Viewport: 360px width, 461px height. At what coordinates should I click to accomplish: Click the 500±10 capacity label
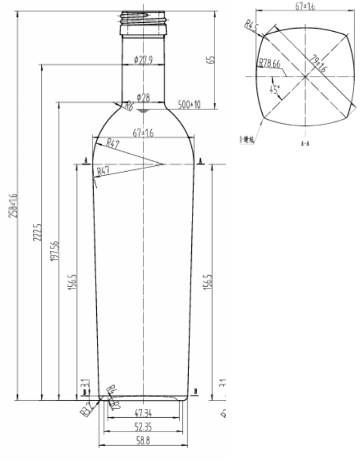pos(189,105)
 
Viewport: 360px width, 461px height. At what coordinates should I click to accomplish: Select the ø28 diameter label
pos(144,98)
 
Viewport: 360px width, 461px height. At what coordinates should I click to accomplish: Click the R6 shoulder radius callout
pos(128,107)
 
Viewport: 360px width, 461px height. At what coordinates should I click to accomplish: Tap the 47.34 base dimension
pos(143,413)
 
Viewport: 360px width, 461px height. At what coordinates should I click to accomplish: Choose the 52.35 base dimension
pos(143,427)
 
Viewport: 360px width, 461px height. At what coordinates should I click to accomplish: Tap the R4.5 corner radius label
pos(251,26)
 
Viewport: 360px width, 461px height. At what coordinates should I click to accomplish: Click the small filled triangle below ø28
pos(143,111)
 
